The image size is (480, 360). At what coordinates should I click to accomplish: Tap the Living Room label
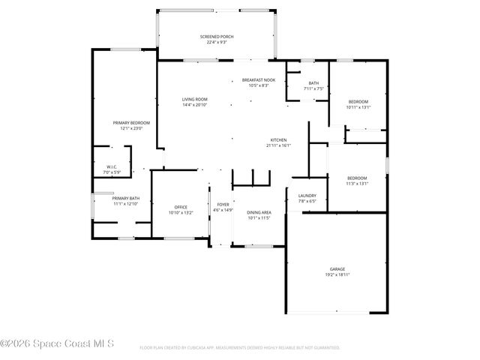[194, 99]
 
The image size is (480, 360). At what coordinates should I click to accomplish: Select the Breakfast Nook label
[258, 79]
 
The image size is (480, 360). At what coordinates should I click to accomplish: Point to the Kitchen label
[279, 140]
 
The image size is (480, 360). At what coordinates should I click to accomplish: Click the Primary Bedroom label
[131, 122]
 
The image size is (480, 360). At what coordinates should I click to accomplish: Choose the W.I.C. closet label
[111, 167]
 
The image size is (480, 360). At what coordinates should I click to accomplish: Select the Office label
[181, 207]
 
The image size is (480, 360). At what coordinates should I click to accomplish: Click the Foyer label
[223, 205]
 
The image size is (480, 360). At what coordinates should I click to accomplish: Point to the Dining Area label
[258, 212]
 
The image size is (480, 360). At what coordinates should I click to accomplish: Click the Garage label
[337, 268]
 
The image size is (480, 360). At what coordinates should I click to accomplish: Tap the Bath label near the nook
[314, 83]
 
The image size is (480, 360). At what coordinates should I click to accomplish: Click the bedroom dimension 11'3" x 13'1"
[357, 183]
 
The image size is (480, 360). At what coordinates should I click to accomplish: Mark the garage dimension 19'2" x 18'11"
[337, 274]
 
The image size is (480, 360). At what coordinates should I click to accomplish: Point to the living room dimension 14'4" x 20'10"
[194, 104]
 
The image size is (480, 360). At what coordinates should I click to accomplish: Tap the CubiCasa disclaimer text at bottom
[240, 348]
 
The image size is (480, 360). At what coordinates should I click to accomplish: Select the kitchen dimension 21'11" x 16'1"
[279, 145]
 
